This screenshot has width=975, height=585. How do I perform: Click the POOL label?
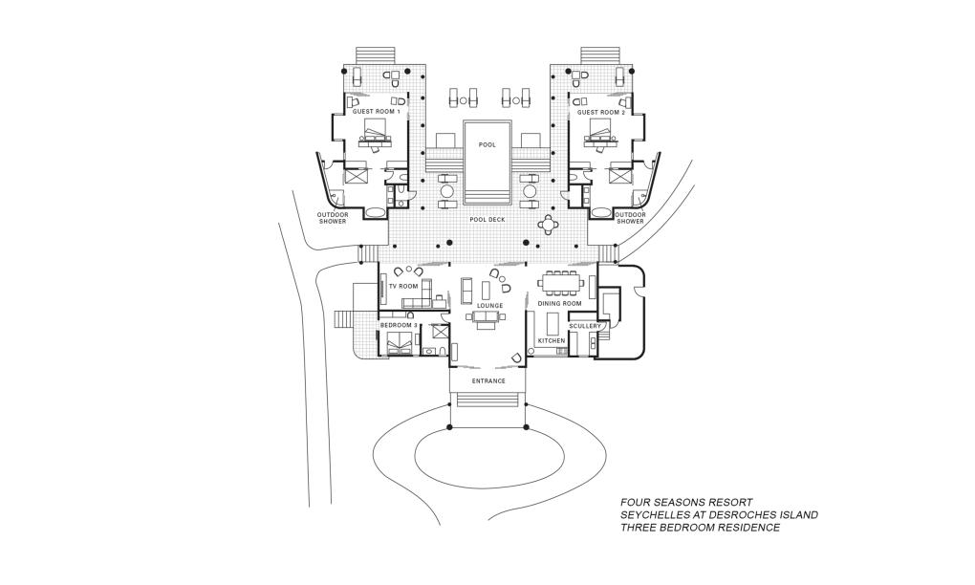pos(487,145)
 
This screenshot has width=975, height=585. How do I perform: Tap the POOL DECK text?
pos(487,220)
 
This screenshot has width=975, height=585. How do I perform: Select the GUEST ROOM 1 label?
pos(376,113)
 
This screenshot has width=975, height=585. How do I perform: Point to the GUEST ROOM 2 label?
pos(601,113)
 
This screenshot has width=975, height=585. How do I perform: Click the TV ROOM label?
pos(402,286)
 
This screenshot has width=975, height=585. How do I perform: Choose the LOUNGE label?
pos(490,306)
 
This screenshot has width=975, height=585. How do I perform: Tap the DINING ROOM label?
pos(559,304)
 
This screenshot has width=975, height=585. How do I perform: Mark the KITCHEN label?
pos(552,340)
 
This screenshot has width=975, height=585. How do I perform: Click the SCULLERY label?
pos(585,326)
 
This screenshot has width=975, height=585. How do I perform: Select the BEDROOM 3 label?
pos(399,326)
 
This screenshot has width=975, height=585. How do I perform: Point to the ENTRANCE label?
pos(488,380)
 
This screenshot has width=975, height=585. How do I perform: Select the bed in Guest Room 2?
pos(600,138)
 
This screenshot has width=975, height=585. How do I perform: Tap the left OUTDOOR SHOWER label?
pos(333,218)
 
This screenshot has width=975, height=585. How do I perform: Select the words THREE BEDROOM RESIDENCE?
pos(700,528)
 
